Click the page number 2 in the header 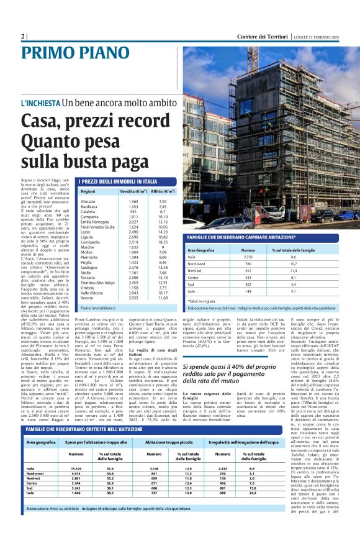23,36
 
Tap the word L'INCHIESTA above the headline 40,102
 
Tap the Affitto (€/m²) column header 163,191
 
